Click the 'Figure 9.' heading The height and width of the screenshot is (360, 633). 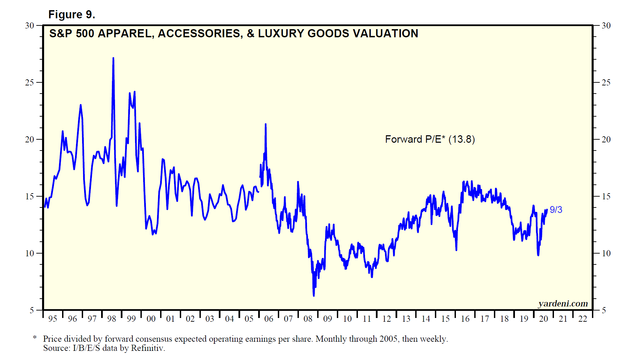[x=72, y=15]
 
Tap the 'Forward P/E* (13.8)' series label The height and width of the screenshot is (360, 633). [x=430, y=139]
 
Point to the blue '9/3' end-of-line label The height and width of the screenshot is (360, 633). [x=556, y=210]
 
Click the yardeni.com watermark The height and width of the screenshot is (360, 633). [x=563, y=303]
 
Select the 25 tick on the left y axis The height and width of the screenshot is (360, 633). [x=30, y=82]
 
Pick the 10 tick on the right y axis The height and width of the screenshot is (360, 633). [x=606, y=253]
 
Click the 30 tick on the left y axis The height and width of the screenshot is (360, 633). [x=30, y=25]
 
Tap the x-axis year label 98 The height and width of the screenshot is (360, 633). [x=112, y=319]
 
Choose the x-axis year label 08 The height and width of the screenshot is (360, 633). [x=308, y=319]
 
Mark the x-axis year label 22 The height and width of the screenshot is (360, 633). [x=583, y=319]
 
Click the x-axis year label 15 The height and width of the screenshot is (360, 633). [x=445, y=319]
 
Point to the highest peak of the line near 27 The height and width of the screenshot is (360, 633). [x=113, y=58]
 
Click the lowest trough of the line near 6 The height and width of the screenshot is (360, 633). [x=314, y=296]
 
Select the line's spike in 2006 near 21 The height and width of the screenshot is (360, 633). [x=266, y=124]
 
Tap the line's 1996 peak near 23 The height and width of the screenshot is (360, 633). [x=80, y=105]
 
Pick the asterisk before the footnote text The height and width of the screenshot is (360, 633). [x=35, y=338]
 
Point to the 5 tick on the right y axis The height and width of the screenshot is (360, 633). [x=604, y=310]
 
